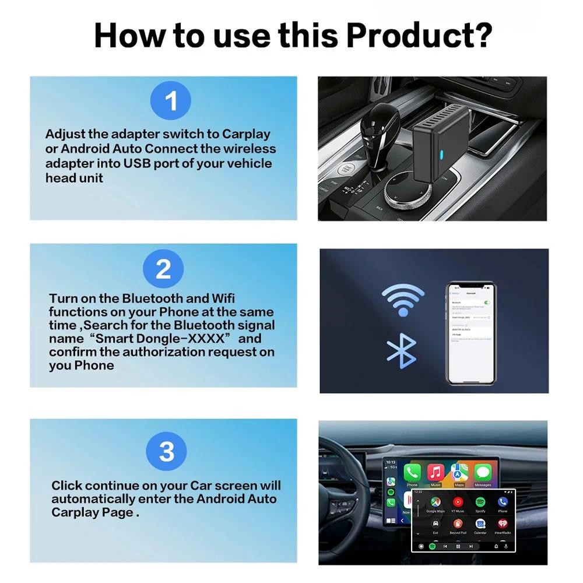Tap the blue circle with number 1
pyautogui.click(x=171, y=101)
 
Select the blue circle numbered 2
pyautogui.click(x=163, y=269)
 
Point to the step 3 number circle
pyautogui.click(x=167, y=451)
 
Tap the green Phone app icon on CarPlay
pyautogui.click(x=412, y=472)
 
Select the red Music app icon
pyautogui.click(x=435, y=472)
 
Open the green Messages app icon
pyautogui.click(x=483, y=472)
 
